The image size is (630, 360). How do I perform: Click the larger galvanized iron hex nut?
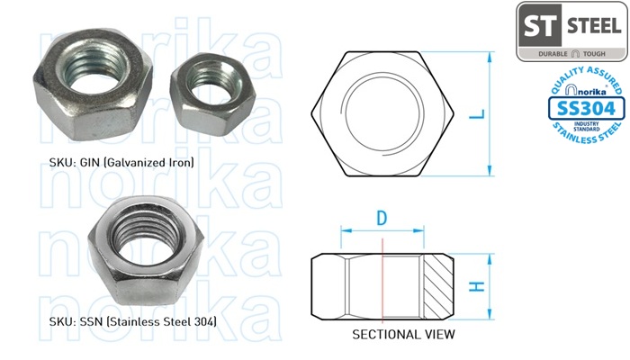coord(93,85)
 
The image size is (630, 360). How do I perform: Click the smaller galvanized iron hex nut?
coord(213,94)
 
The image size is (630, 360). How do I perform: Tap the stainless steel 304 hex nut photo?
coord(146,251)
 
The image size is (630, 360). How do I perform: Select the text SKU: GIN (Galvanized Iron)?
coord(121,162)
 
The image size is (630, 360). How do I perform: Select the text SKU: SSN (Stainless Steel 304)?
coord(133,321)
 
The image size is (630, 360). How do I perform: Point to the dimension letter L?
coord(477,114)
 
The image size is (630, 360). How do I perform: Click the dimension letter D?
coord(382,218)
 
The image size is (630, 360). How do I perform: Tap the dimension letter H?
coord(477,287)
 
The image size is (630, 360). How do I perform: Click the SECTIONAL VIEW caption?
coord(403,334)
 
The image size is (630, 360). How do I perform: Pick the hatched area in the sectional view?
coord(438,286)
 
